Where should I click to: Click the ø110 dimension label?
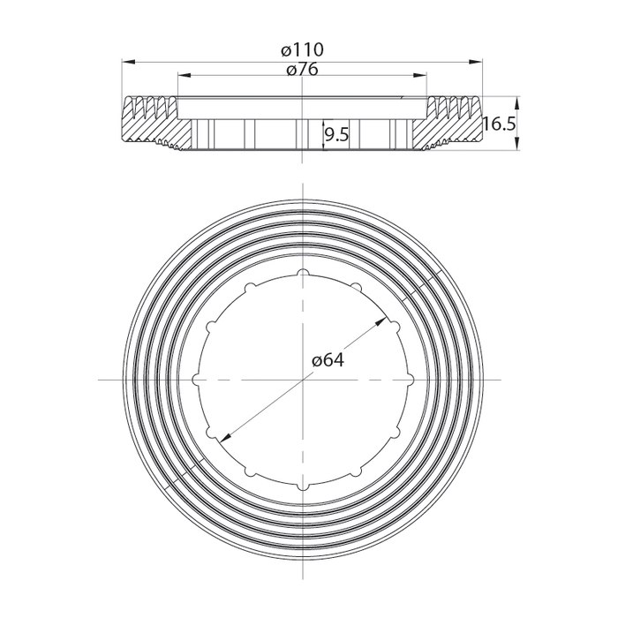[x=303, y=51]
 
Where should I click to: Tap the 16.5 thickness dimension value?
[x=500, y=124]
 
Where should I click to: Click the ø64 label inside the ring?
[x=328, y=361]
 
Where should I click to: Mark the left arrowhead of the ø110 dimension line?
[x=124, y=62]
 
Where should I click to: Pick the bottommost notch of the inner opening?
[x=303, y=485]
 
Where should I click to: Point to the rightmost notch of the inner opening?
[x=407, y=380]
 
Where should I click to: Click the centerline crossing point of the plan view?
[x=303, y=380]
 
